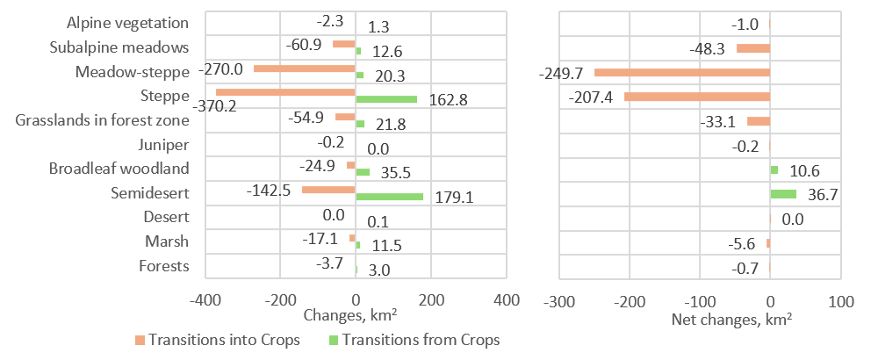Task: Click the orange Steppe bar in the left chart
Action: [285, 92]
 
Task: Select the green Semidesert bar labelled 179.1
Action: [389, 197]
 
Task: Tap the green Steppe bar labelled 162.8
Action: [386, 99]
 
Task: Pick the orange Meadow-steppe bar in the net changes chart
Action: [681, 72]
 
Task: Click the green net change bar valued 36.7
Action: [783, 194]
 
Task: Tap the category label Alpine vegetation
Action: [128, 23]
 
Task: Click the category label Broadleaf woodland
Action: [119, 169]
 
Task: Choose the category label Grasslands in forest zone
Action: [102, 120]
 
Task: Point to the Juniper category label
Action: [164, 145]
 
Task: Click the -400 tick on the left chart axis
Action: [205, 299]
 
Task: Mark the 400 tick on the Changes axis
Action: [507, 299]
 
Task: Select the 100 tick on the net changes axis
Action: [841, 299]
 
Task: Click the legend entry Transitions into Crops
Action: [220, 340]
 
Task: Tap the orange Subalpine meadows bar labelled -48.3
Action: [752, 48]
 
